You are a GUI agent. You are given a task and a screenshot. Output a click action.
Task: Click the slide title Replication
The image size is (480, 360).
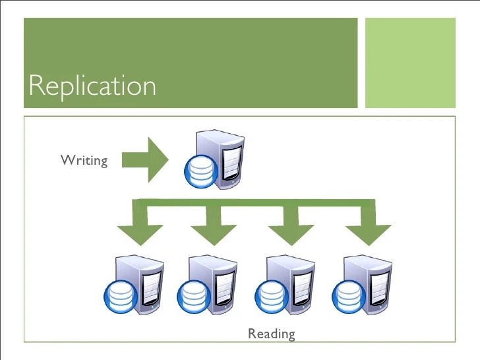pyautogui.click(x=93, y=86)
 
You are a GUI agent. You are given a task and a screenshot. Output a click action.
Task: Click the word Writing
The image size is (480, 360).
pyautogui.click(x=84, y=160)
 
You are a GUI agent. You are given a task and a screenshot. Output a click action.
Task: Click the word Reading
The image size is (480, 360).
pyautogui.click(x=271, y=334)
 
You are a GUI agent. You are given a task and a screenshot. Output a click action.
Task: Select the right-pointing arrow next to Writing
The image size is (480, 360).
pyautogui.click(x=147, y=159)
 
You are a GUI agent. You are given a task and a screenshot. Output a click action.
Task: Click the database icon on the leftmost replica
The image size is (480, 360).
pyautogui.click(x=119, y=297)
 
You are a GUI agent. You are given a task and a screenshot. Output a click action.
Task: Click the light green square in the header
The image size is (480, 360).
pyautogui.click(x=410, y=63)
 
